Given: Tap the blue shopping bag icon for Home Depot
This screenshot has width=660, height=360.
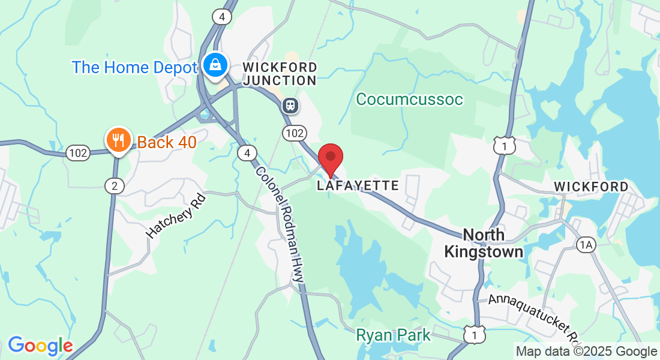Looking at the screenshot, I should point(214,64).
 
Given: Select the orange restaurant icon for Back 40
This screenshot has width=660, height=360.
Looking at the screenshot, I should point(118,140).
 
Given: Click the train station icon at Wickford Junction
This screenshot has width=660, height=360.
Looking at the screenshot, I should point(290,106).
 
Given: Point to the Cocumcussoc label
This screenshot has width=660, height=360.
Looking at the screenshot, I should point(409,99).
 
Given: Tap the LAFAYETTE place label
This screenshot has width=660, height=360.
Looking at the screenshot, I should point(358,185).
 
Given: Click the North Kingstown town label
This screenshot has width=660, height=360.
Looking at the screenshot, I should point(484,242).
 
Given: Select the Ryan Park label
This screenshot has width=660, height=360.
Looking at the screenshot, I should point(393,335).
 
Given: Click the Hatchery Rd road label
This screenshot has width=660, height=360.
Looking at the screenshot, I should point(176,215).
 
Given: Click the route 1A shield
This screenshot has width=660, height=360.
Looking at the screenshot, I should point(586,244).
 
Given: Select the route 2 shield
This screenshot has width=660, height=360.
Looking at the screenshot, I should point(114,186).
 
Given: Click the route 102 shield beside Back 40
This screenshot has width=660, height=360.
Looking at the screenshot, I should point(78,153).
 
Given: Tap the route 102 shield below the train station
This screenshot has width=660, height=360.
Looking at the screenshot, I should point(296,132).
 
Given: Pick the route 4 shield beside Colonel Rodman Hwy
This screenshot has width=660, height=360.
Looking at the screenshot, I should point(247,154).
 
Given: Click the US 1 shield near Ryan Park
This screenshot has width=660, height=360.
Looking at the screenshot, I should point(474,334).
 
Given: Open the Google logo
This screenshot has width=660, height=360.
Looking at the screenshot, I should point(40,346).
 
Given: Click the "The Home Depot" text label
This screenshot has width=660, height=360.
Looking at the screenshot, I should point(134,67).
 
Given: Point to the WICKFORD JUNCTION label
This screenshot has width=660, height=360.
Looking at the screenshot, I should point(280,73).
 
